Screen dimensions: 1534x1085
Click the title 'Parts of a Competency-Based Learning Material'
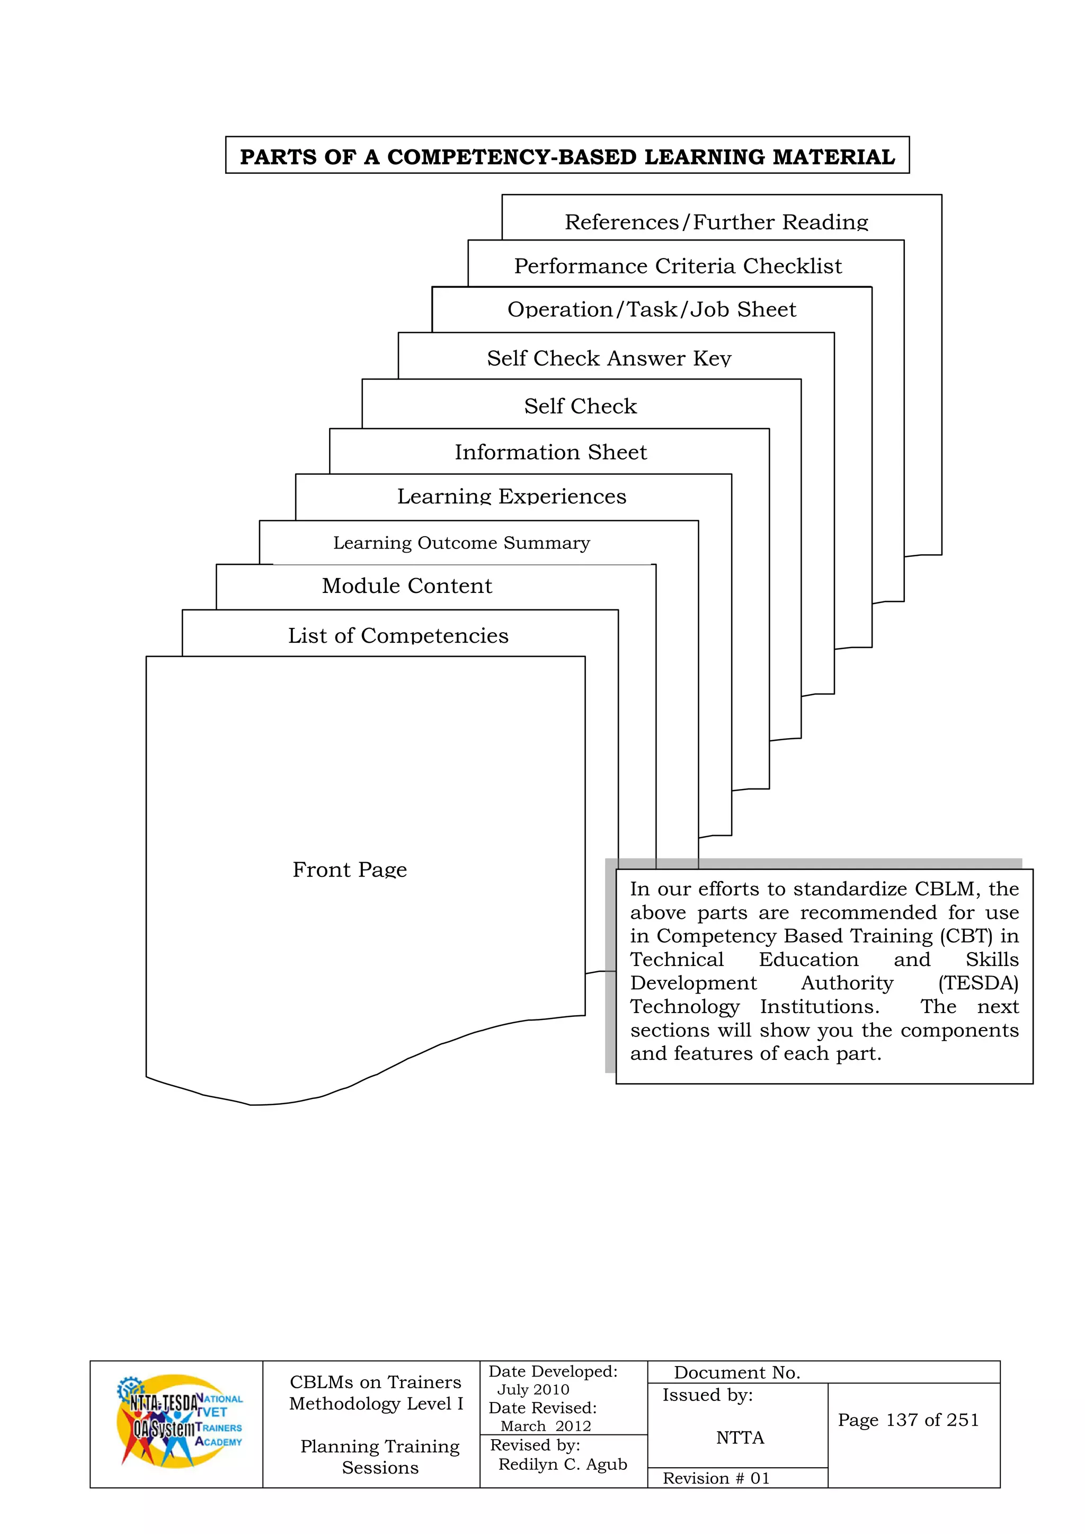pos(567,156)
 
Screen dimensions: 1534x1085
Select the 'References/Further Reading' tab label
pos(716,222)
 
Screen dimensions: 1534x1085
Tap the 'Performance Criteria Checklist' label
pos(678,266)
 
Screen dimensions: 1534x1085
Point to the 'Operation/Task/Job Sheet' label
pos(652,309)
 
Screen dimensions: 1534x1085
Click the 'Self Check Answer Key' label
pos(609,358)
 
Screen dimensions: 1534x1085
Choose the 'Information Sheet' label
pos(550,453)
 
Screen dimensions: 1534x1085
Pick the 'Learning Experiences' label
pos(512,496)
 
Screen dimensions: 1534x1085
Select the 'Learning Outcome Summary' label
pos(461,543)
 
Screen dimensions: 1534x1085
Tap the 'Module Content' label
pos(407,586)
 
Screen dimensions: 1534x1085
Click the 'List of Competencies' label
pos(398,635)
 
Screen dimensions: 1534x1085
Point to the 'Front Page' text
pos(350,869)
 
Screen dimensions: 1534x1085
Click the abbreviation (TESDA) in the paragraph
pos(978,983)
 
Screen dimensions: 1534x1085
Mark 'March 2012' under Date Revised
pos(546,1426)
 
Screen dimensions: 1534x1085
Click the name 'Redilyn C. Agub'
pos(563,1464)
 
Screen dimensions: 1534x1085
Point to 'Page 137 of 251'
pos(908,1420)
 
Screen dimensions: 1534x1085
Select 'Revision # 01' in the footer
pos(716,1478)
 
